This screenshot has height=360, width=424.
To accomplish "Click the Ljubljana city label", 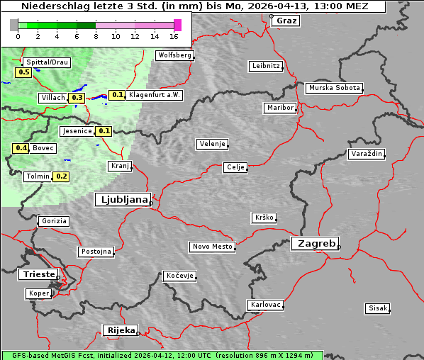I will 122,200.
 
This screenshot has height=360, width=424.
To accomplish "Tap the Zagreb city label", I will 313,243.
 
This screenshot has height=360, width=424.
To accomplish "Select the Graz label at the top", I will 286,21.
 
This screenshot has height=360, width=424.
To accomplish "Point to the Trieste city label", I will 37,274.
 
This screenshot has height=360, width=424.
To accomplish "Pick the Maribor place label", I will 279,108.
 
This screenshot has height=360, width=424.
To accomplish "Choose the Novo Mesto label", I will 212,247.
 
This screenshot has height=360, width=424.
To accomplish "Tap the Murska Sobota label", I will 334,89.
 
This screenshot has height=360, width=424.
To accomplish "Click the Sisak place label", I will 377,308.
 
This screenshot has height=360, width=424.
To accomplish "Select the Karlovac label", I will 266,305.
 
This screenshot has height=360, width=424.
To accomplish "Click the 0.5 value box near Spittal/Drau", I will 23,72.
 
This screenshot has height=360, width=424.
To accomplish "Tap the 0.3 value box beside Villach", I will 77,98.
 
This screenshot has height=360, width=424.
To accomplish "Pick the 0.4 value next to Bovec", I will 21,148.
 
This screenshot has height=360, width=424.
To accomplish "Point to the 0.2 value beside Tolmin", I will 62,176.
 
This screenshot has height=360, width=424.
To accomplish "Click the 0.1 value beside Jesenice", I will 104,131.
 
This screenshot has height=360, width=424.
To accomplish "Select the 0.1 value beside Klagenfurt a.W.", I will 118,95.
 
